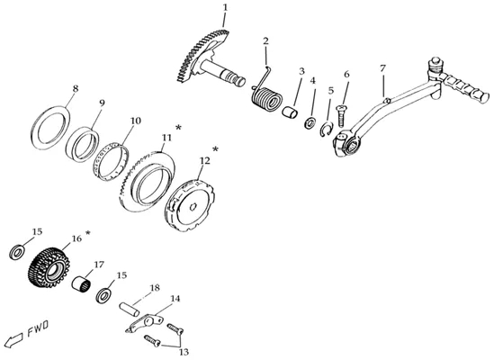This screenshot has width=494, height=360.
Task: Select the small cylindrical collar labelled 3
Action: [289, 112]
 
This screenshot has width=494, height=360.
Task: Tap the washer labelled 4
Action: [310, 122]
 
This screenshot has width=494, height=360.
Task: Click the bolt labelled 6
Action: [341, 116]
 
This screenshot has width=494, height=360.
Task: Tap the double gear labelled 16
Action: [49, 267]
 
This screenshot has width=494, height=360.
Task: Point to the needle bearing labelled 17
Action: [81, 283]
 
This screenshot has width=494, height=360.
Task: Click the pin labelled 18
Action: [129, 309]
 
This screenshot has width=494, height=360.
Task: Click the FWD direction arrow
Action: [13, 340]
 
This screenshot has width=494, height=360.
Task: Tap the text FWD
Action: [38, 328]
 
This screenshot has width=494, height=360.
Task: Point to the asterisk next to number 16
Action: [87, 233]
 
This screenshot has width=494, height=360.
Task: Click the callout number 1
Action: [225, 7]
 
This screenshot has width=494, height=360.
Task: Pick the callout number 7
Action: [382, 68]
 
